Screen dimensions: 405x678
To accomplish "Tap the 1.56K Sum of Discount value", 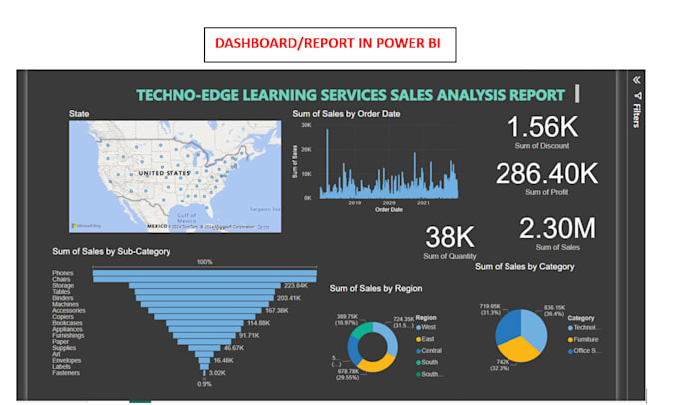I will point(541,127).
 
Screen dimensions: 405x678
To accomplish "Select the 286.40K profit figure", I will point(547,173).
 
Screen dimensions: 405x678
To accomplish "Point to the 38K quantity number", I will point(450,237).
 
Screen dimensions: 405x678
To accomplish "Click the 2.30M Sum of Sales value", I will point(557,228).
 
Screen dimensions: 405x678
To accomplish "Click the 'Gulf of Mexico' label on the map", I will point(185,218).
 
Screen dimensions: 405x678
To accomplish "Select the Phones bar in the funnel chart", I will point(204,271).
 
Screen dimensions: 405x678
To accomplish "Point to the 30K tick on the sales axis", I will point(306,126).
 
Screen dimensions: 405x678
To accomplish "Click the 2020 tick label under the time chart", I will point(388,202).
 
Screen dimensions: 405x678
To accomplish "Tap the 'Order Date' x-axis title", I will point(389,209).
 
